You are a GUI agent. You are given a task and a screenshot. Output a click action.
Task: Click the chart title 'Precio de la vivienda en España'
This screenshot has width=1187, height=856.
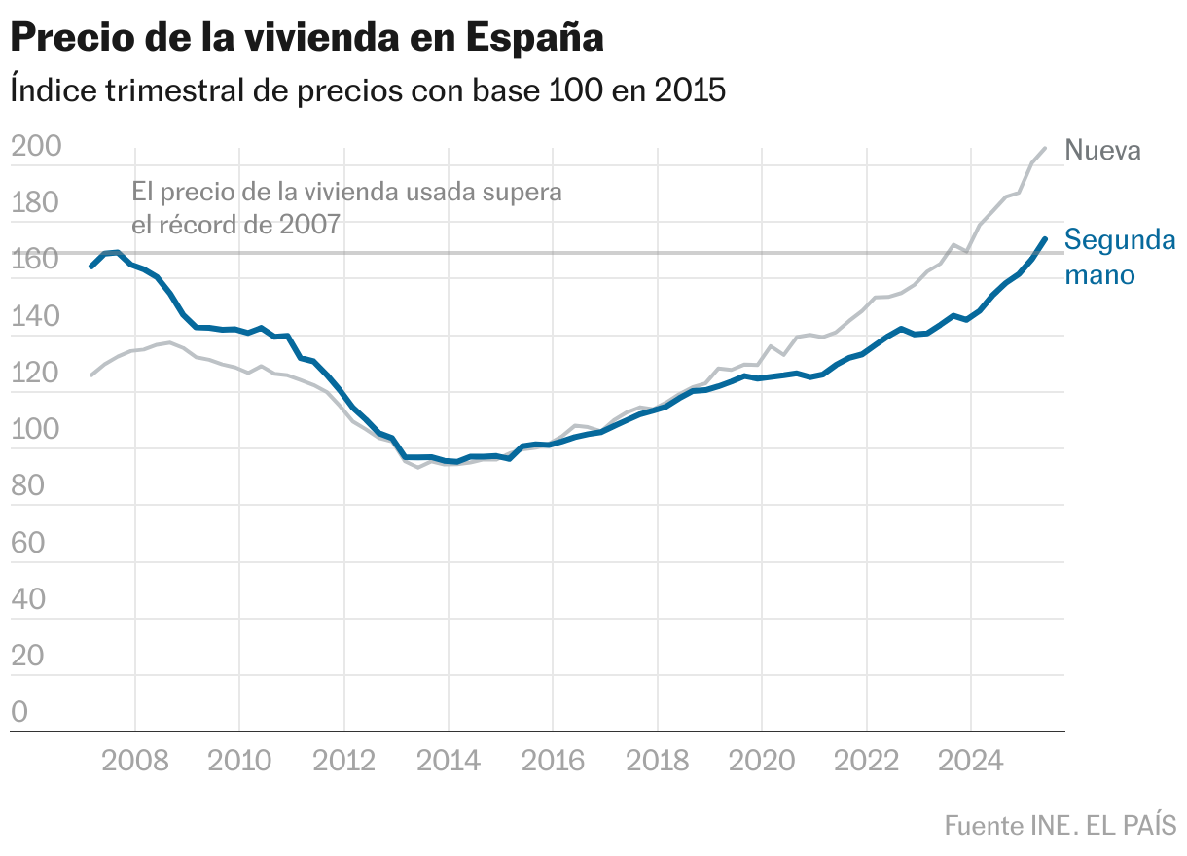tap(307, 38)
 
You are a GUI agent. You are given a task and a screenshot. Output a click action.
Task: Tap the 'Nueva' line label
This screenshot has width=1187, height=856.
tap(1102, 150)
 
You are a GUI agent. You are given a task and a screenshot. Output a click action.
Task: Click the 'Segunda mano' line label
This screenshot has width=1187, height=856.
tap(1119, 257)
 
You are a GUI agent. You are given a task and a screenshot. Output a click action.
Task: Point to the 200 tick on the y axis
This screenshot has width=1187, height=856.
tap(35, 147)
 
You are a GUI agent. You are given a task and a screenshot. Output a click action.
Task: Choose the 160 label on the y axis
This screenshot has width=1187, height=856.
tap(35, 260)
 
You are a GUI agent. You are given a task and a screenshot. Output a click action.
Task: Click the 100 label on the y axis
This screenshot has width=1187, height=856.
tap(35, 430)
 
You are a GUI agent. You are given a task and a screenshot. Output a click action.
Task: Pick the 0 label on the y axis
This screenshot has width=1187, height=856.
tap(20, 713)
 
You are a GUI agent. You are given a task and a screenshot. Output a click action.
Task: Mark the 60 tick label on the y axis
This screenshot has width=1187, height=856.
tap(29, 543)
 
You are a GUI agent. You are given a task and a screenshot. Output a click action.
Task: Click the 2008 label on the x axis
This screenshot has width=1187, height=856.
tap(134, 760)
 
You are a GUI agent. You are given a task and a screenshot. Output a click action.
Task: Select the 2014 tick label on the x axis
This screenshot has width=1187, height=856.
tap(448, 760)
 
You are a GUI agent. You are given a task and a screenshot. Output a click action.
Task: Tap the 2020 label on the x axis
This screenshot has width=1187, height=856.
tap(761, 760)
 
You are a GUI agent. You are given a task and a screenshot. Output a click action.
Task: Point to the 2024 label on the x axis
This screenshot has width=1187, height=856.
tap(970, 760)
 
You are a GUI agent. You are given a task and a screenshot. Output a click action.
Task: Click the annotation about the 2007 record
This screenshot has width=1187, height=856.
tap(346, 208)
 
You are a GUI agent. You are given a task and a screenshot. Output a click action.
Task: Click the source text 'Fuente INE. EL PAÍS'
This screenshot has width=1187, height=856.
tap(1060, 825)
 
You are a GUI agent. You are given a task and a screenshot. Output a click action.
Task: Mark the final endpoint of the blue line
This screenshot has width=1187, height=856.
tap(1045, 238)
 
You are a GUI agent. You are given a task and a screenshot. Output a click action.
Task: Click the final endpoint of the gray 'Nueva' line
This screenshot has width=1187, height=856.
tap(1045, 148)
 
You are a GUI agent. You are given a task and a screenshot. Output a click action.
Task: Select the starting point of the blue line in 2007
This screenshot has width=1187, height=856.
tap(91, 266)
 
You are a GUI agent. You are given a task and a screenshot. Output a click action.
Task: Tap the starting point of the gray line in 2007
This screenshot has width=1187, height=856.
tap(91, 374)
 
